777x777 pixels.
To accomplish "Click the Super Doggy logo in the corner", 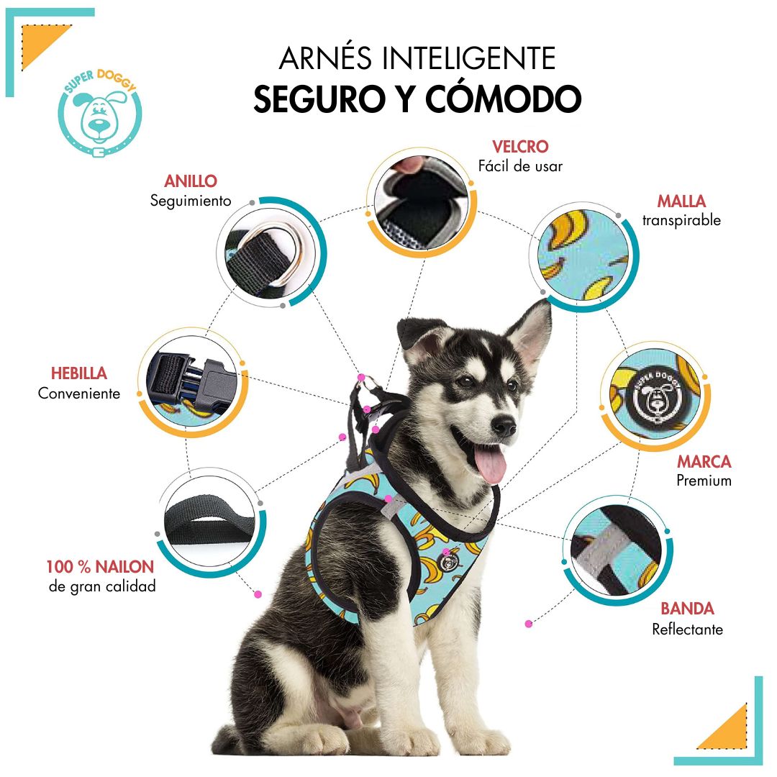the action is coord(100,113).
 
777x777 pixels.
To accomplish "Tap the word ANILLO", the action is coord(191,181).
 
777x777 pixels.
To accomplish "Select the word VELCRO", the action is coord(520,147).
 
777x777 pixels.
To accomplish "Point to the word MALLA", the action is coord(681,201).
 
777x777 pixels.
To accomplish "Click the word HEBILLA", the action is coord(79,373).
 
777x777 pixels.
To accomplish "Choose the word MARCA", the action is coord(704,461).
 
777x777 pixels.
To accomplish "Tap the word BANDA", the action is coord(687,609).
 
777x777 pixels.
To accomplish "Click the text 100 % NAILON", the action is coord(100,567).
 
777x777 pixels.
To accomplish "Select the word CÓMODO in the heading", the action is coord(504,98).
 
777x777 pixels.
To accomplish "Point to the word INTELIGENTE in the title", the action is coord(469,58).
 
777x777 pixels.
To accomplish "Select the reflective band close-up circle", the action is coord(618,551).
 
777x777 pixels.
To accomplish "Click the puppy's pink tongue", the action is coord(490,463).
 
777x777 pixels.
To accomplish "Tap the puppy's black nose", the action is coord(504,425).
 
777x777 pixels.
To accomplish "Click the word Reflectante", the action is coord(687,630).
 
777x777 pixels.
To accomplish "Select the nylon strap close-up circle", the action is coord(211,522).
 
